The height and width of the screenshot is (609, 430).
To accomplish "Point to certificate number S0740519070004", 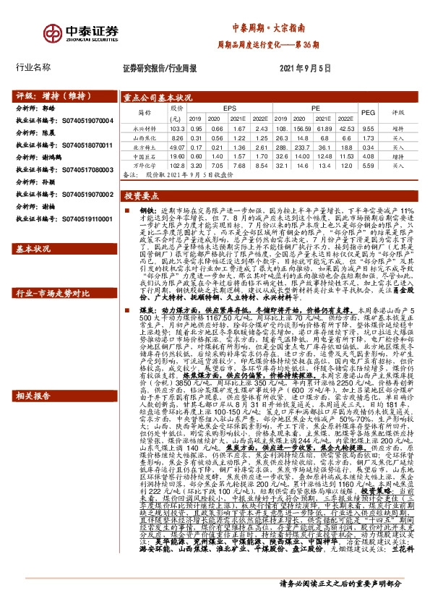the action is point(85,120).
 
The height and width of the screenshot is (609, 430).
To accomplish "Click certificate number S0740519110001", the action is point(85,218).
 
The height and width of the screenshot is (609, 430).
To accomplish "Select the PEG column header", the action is point(368,113).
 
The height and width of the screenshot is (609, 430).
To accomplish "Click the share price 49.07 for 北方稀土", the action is point(175,146).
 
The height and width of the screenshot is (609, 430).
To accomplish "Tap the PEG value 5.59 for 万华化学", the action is point(367,166).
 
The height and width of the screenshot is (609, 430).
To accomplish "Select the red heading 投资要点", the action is point(142,197).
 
